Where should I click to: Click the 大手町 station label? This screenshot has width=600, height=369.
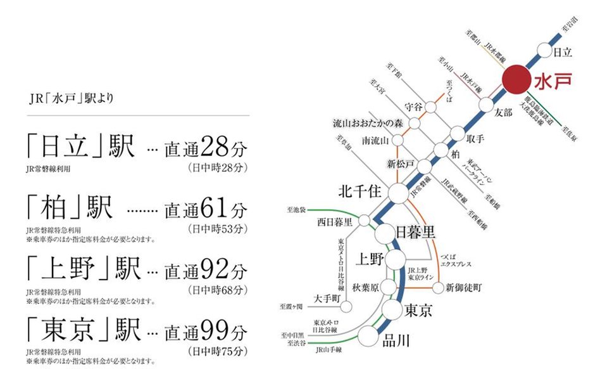coord(327,297)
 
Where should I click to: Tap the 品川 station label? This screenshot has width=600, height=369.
coord(397,341)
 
